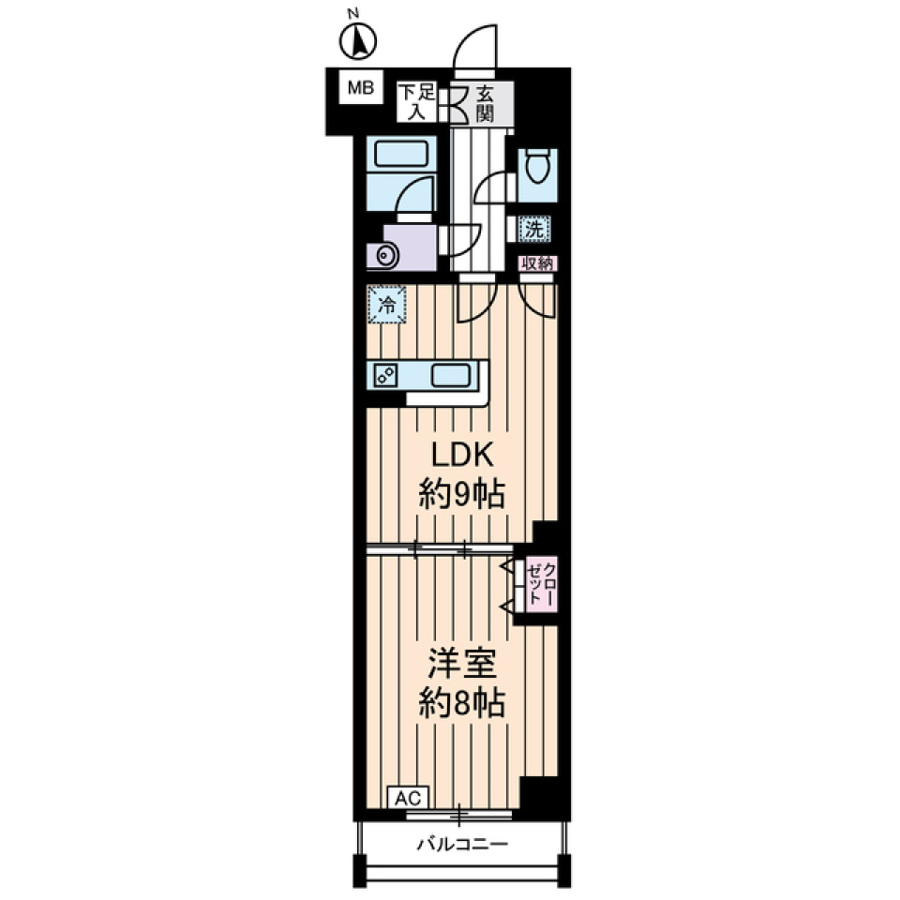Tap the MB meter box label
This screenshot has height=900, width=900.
(361, 88)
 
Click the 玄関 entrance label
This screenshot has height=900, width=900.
(485, 103)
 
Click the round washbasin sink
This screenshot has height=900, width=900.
(384, 255)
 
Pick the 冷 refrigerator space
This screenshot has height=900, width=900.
(387, 305)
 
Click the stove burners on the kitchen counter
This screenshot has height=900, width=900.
(385, 376)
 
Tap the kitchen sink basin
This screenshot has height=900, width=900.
(452, 376)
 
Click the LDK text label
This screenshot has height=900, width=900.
(462, 457)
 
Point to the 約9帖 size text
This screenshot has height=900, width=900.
(462, 494)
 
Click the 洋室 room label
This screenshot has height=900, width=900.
(462, 664)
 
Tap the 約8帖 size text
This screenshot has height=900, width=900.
(462, 702)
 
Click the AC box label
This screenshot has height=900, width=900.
(409, 798)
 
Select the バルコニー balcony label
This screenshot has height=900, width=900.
(462, 845)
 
